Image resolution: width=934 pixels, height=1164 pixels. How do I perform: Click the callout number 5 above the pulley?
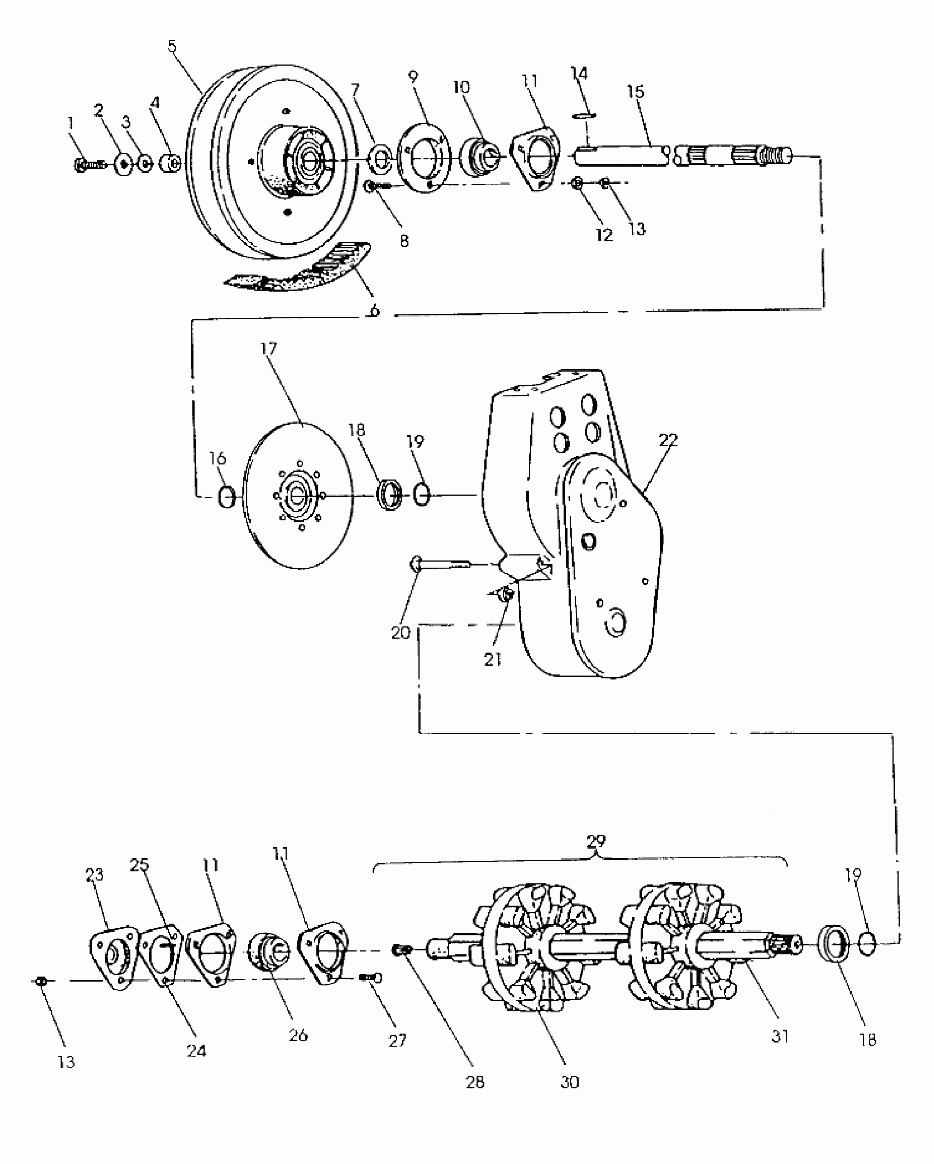coord(173,46)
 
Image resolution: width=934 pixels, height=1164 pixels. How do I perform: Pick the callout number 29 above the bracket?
coord(596,857)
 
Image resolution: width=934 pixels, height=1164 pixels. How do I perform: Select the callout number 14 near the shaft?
coord(579,74)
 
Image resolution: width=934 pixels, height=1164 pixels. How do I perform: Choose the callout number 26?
coord(298,1035)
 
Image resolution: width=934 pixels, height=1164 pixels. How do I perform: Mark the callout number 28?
coord(475,1082)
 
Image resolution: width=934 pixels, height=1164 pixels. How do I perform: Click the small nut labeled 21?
coord(507,594)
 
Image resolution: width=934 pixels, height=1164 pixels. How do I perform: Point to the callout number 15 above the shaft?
coord(636,91)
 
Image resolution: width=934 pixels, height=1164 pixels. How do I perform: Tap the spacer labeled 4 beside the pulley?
coord(171,163)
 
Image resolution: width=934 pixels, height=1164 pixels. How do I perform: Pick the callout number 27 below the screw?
coord(397,1040)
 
